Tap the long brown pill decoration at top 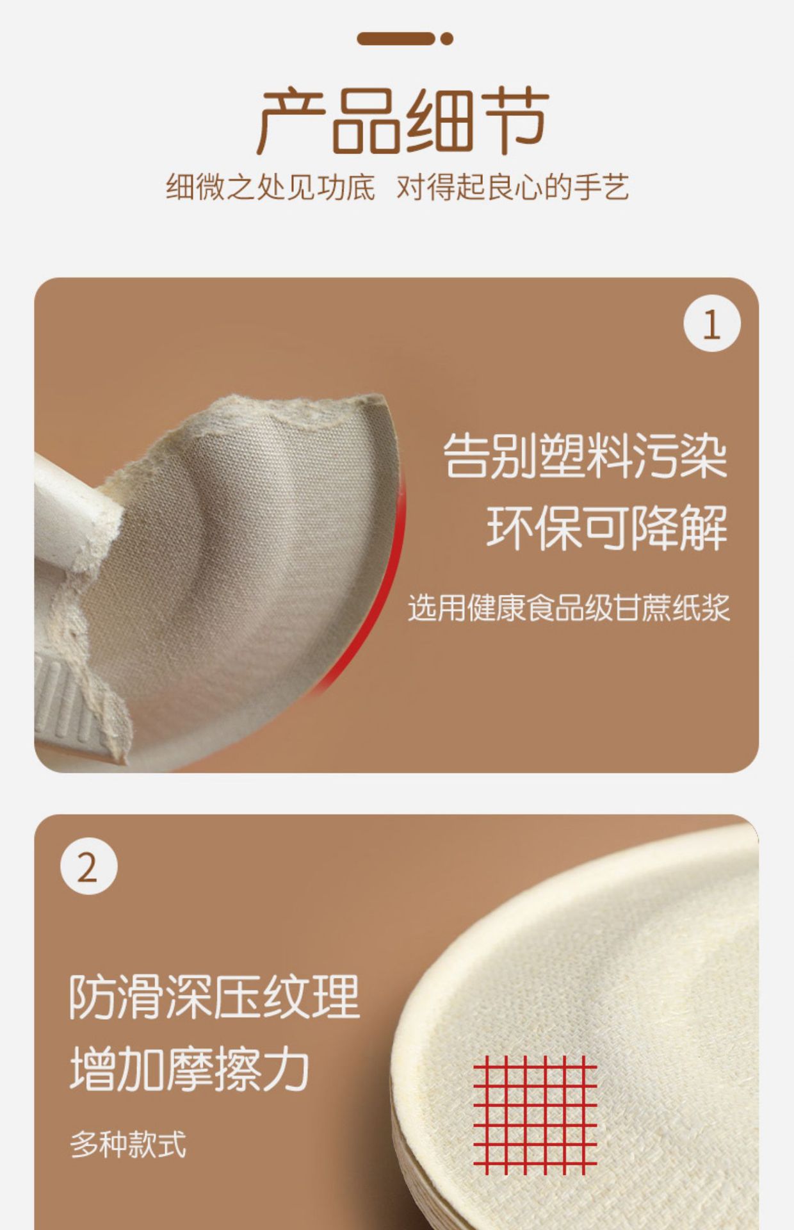pos(396,39)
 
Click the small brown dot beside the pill pos(447,39)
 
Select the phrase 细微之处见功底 pos(270,188)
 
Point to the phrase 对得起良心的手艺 pos(512,188)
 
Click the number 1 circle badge pos(711,324)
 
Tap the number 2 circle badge pos(88,867)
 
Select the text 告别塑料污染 pos(585,456)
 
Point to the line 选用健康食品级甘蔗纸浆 pos(569,607)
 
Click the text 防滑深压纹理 pos(215,997)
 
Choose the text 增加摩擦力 pos(190,1070)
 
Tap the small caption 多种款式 pos(128,1144)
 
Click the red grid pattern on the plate pos(535,1115)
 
